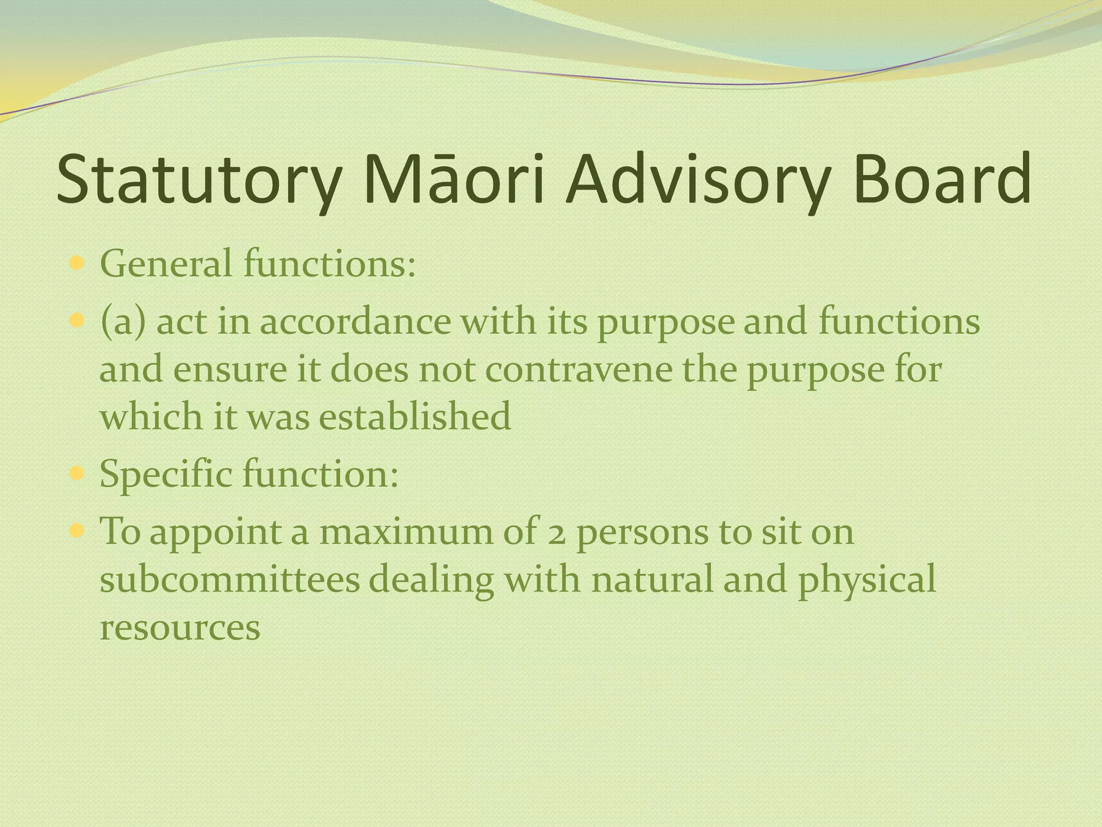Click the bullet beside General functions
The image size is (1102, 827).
77,264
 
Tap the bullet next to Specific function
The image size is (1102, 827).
77,474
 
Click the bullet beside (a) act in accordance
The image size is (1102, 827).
77,321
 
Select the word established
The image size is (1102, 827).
415,417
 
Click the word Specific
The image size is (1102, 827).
166,474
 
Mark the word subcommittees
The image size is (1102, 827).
230,580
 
